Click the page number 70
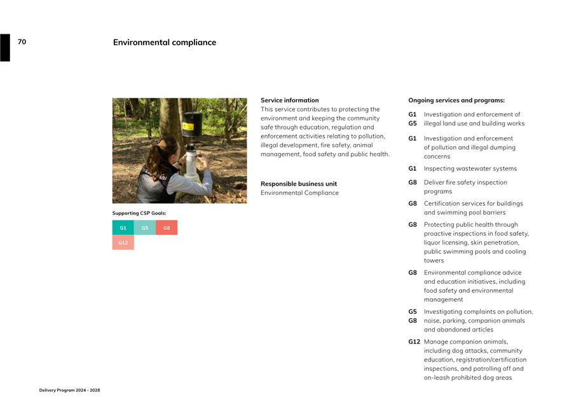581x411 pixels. [x=22, y=42]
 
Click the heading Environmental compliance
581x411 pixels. [x=165, y=43]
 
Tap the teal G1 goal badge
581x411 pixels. [x=123, y=227]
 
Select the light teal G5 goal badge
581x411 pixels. [x=145, y=227]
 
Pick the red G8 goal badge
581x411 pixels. [x=167, y=227]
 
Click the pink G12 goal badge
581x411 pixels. [x=123, y=243]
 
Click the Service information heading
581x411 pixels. [x=290, y=100]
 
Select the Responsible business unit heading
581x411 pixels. [x=299, y=184]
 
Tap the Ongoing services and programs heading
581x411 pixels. [x=456, y=100]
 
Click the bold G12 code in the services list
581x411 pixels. [x=414, y=342]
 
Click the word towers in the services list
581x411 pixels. [x=434, y=260]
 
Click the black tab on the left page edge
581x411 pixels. [x=5, y=48]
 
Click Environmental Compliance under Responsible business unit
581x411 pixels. [x=299, y=193]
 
